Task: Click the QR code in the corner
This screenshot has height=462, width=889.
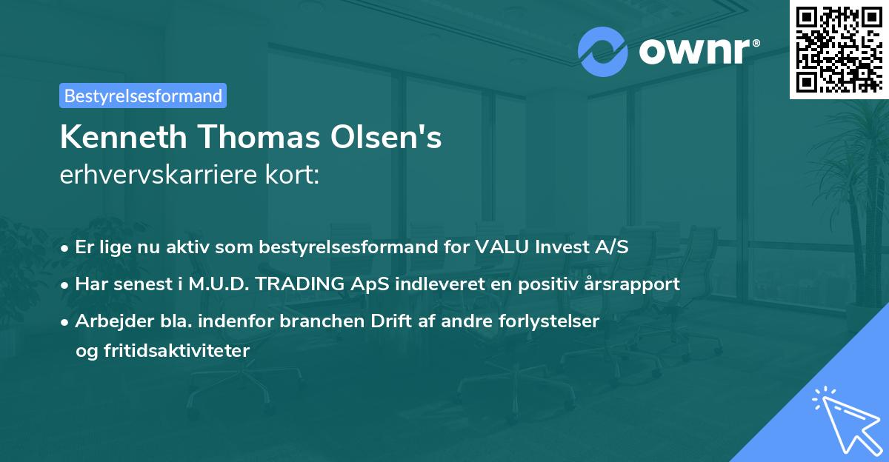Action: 839,49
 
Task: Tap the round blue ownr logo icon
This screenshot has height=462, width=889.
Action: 602,52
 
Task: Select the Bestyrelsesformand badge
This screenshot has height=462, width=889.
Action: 143,96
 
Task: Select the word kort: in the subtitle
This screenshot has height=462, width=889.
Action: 293,175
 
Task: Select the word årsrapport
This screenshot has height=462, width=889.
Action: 637,284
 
